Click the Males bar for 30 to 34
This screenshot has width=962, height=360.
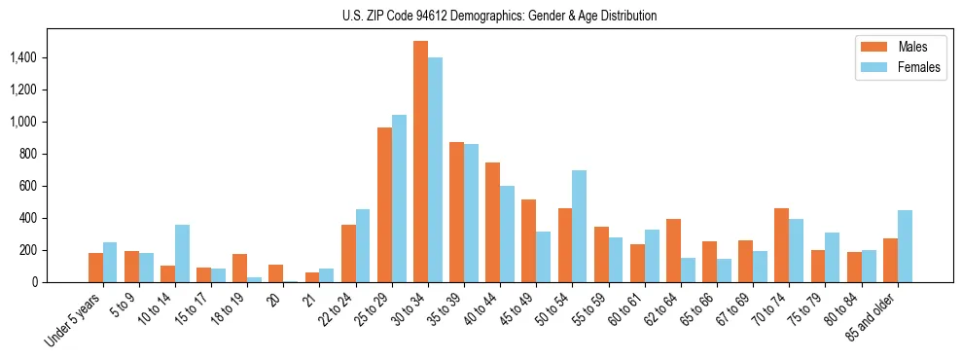[x=420, y=162]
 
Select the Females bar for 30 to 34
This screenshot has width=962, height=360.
[x=435, y=169]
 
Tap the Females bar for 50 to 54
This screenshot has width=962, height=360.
[x=579, y=226]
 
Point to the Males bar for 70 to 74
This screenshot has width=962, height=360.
[x=781, y=245]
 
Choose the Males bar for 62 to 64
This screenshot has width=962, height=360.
[x=673, y=250]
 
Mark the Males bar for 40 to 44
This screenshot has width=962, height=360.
[x=492, y=222]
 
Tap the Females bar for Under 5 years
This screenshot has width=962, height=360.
[x=110, y=262]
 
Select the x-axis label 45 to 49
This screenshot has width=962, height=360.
[x=518, y=306]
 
